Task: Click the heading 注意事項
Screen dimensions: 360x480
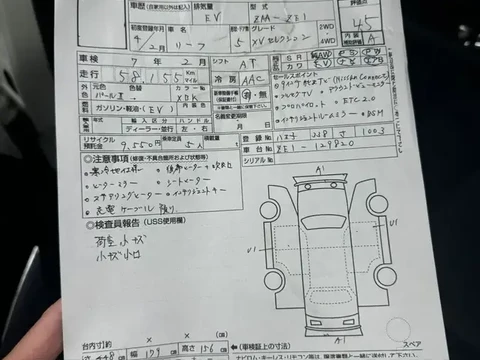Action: tap(101, 159)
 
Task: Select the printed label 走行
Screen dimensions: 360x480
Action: tap(88, 76)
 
